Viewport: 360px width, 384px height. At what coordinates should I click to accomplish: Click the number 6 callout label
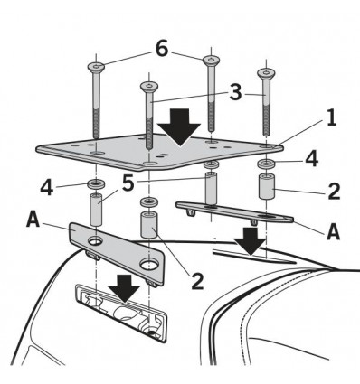pos(162,49)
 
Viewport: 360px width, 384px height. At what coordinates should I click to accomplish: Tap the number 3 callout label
pos(235,92)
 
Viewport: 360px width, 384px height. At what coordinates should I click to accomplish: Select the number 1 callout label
pos(331,117)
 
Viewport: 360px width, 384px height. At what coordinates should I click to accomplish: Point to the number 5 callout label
pos(128,183)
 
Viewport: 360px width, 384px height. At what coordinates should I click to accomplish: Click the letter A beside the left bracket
pos(33,220)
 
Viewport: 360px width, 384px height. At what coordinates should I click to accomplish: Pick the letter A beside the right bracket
pos(334,232)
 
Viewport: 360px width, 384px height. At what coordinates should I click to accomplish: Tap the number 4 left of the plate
pos(47,188)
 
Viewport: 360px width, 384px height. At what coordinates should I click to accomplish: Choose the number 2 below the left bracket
pos(197,282)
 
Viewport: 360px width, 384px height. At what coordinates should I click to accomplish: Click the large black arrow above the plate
pos(179,127)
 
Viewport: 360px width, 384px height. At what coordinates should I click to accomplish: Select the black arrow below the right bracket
pos(250,241)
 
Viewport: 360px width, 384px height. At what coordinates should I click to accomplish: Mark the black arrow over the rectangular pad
pos(124,288)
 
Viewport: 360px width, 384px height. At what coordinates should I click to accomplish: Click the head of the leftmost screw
pos(96,66)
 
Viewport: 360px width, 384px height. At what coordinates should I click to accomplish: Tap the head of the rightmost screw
pos(266,72)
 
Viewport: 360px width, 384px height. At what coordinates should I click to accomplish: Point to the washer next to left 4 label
pos(95,183)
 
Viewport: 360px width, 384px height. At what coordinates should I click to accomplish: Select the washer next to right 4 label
pos(266,164)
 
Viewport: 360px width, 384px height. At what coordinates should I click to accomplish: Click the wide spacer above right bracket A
pos(267,186)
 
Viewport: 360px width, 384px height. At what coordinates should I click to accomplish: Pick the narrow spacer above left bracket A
pos(96,210)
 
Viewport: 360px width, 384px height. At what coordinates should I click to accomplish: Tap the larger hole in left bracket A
pos(149,264)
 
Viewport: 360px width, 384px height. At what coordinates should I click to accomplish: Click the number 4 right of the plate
pos(311,159)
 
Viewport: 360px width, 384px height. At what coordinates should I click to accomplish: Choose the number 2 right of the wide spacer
pos(334,191)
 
